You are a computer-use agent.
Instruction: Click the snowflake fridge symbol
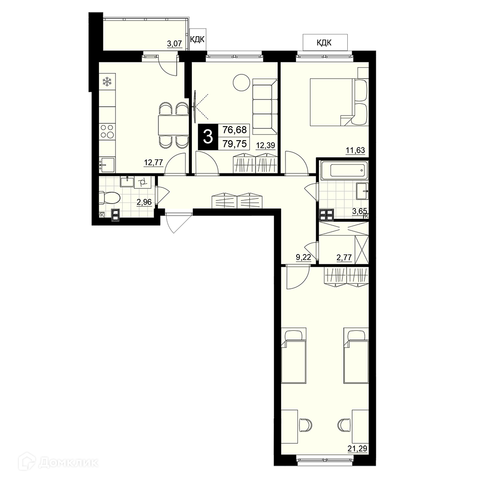[107, 82]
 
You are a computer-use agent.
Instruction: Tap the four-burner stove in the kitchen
[107, 130]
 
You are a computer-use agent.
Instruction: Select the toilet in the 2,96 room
[109, 198]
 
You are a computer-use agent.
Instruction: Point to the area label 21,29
[357, 448]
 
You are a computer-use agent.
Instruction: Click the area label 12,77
[153, 162]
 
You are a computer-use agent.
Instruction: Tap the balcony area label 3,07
[174, 43]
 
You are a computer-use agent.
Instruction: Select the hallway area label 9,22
[303, 258]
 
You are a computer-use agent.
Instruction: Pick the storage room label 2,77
[344, 257]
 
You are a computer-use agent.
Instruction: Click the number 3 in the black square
[208, 137]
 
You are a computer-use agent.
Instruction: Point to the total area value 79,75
[235, 144]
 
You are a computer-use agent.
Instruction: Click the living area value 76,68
[235, 130]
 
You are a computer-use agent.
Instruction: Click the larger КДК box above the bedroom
[325, 42]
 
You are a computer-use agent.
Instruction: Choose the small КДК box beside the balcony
[198, 40]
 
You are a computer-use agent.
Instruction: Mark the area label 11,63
[355, 150]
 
